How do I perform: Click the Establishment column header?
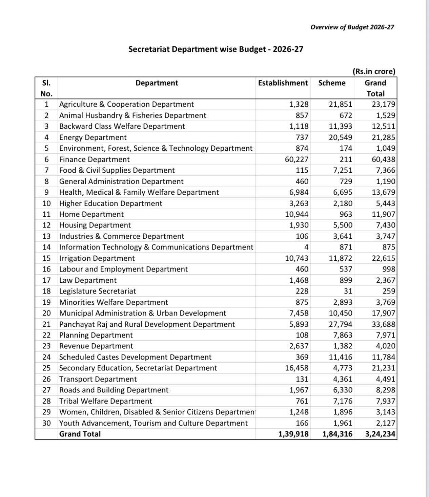(283, 83)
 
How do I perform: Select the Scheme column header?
(332, 83)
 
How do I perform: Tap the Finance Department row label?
(94, 159)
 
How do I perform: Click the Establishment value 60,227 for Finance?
(297, 159)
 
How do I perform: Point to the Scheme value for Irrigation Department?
(341, 258)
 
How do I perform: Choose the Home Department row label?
(91, 214)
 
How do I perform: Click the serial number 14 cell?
(46, 247)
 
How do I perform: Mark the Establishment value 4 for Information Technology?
(306, 247)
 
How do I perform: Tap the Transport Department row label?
(98, 379)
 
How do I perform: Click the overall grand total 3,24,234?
(380, 434)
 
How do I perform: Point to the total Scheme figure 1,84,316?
(337, 434)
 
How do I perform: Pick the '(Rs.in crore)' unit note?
(374, 71)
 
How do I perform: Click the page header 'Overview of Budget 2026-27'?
(352, 27)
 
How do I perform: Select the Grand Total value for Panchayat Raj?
(383, 324)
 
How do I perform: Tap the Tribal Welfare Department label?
(105, 401)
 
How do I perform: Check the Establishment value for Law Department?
(299, 280)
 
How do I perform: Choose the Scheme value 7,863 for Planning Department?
(343, 335)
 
